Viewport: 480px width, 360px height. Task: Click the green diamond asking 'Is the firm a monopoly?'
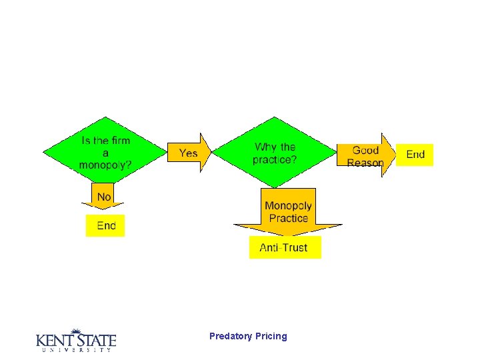(x=105, y=153)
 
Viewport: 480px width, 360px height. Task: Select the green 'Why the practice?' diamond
(x=274, y=153)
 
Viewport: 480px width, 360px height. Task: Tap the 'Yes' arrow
(x=189, y=153)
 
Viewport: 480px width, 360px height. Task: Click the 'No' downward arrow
(x=104, y=197)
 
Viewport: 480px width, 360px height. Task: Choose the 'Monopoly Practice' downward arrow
(x=288, y=213)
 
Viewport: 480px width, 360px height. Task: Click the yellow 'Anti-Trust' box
(x=284, y=247)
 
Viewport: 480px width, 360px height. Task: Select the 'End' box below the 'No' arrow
(x=106, y=225)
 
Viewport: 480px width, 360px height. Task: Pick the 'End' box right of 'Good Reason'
(x=415, y=154)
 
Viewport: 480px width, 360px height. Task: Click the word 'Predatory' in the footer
(x=230, y=336)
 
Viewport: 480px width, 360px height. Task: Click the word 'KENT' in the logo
(x=54, y=340)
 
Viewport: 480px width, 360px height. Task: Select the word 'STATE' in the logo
(x=95, y=340)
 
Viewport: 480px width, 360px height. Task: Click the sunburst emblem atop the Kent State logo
(x=77, y=331)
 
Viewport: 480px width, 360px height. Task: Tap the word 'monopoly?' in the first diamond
(x=105, y=165)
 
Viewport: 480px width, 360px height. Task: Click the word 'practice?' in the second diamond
(x=275, y=159)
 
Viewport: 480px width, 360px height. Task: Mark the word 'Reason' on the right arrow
(x=365, y=163)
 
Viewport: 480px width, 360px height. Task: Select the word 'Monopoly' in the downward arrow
(x=288, y=206)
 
